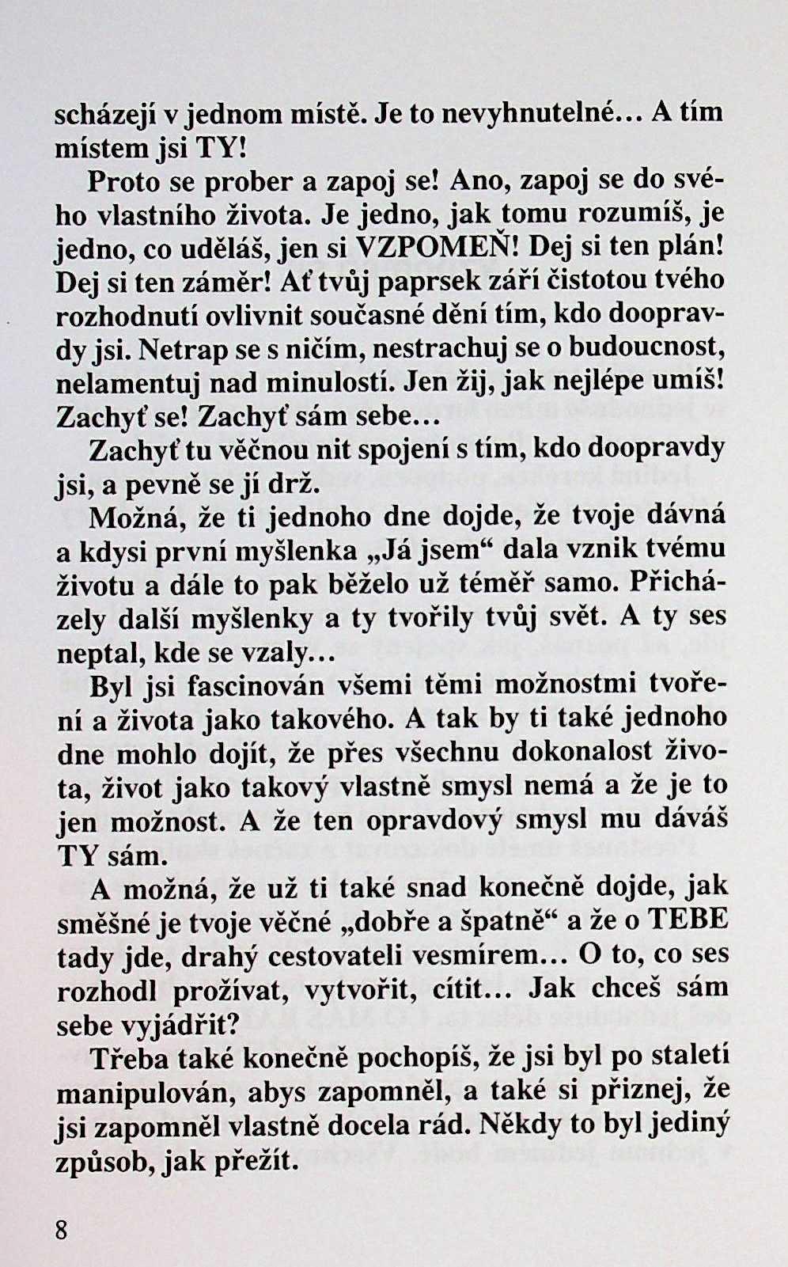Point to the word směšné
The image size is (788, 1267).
coord(102,923)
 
